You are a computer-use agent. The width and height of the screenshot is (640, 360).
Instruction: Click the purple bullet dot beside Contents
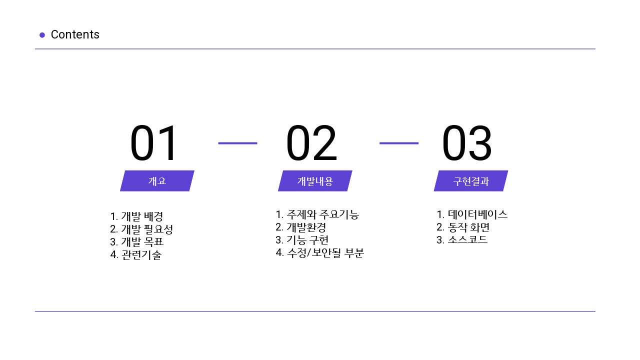(42, 35)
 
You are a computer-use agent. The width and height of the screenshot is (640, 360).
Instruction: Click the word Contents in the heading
(75, 34)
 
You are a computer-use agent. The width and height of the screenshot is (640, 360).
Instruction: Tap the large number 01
(153, 143)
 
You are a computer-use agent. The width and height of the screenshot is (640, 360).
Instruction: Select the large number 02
(311, 143)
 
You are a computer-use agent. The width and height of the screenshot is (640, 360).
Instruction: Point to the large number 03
(467, 143)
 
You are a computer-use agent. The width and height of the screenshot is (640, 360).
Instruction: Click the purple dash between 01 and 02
(237, 143)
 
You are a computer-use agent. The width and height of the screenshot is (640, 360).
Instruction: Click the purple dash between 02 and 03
(399, 143)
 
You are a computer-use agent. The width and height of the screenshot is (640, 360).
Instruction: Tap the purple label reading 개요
(157, 181)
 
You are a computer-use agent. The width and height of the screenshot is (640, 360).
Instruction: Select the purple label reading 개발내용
(315, 181)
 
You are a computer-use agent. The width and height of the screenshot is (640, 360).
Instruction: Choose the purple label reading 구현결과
(471, 181)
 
